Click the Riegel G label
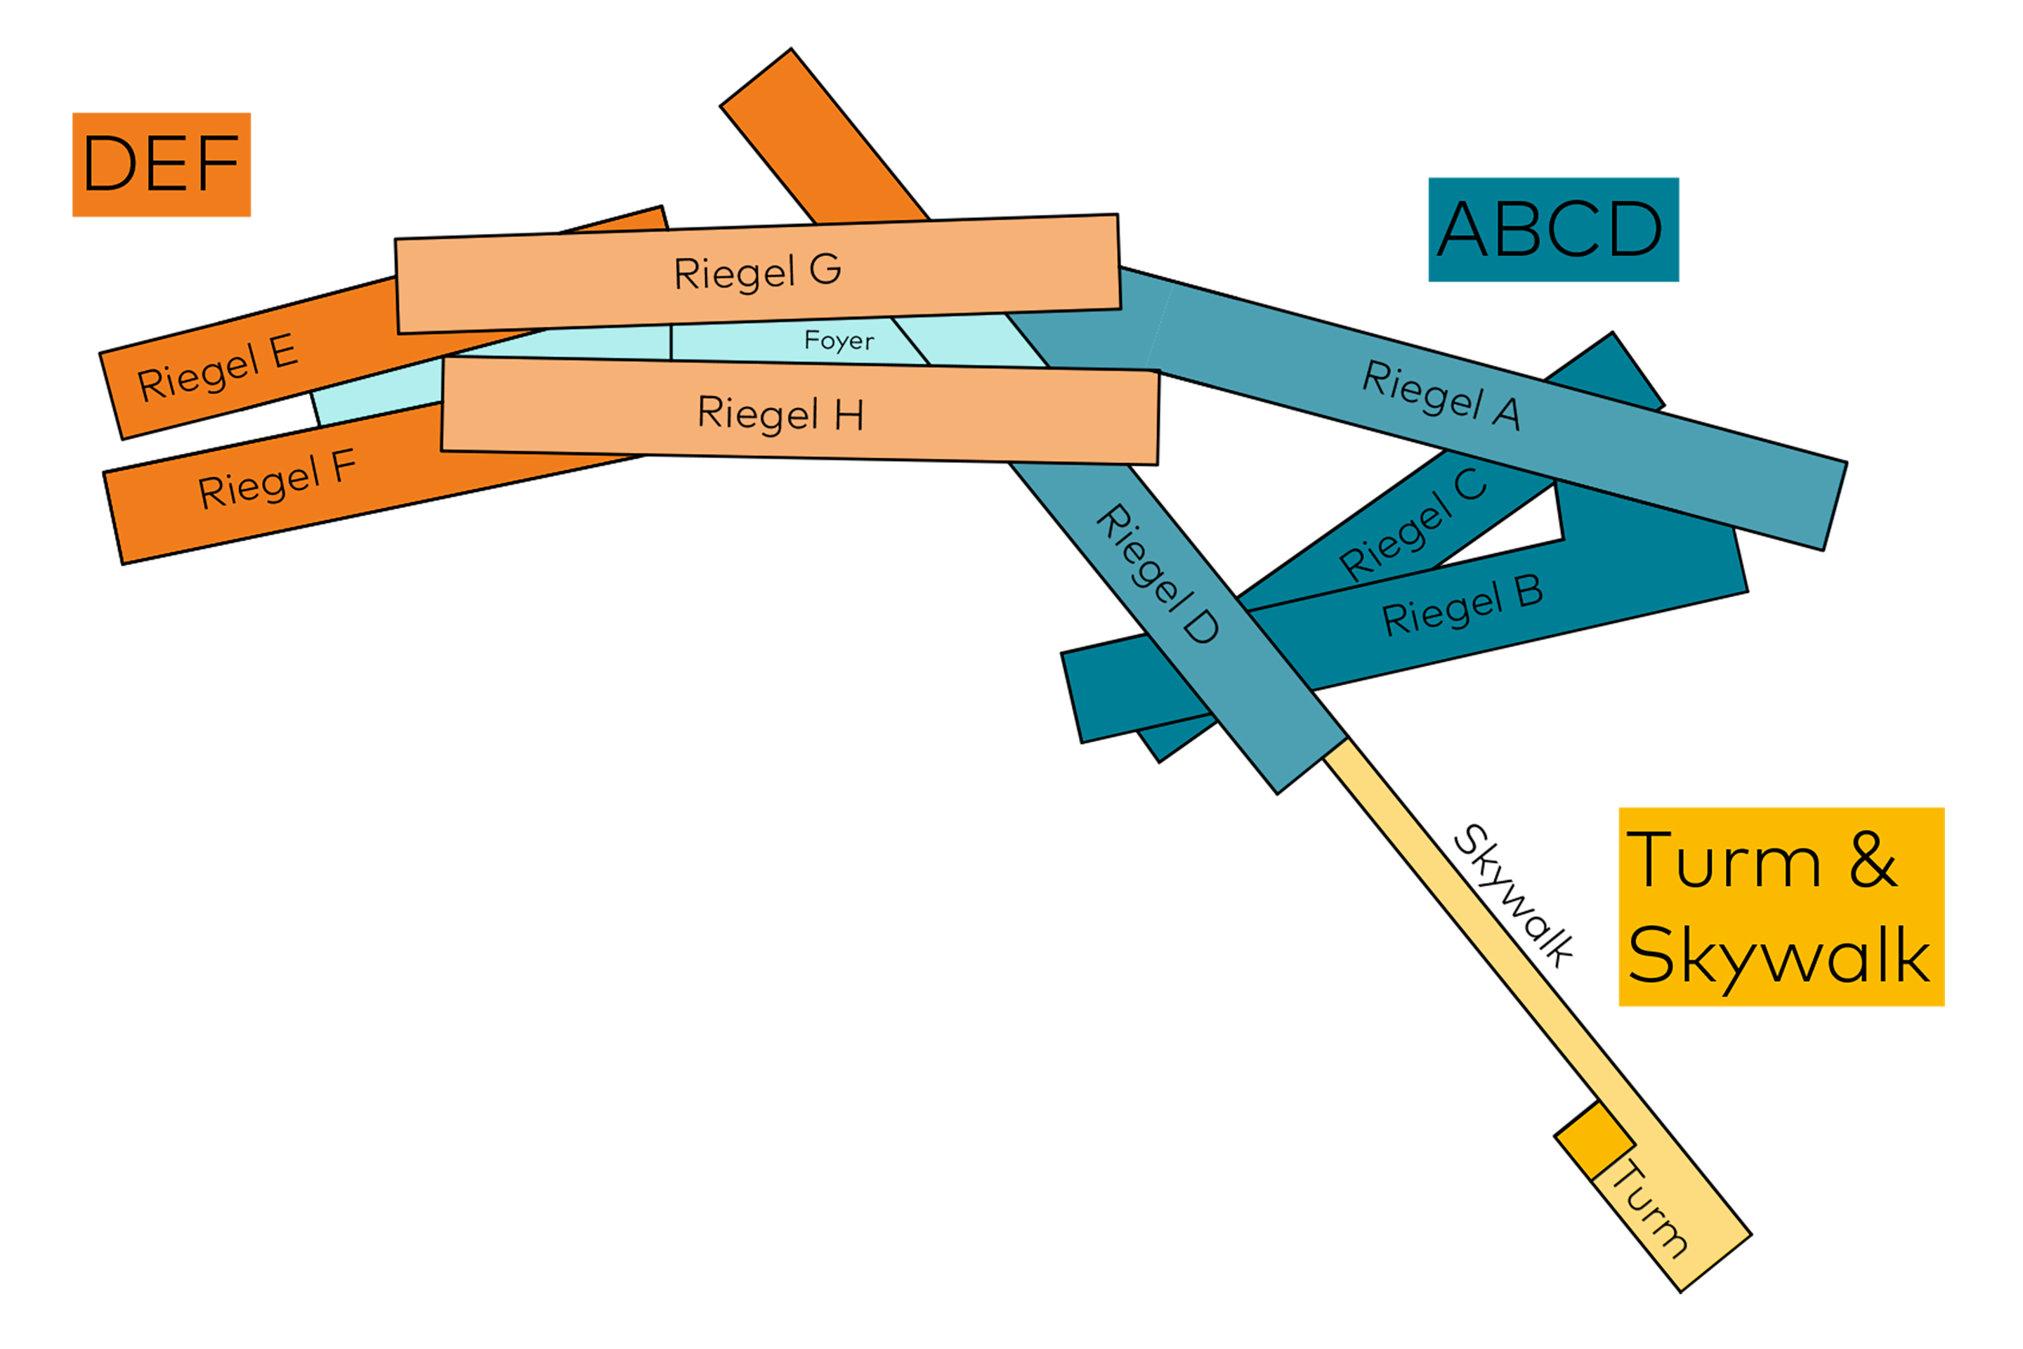[757, 272]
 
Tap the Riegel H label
[780, 414]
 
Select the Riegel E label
[218, 368]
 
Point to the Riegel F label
[277, 480]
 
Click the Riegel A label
[1441, 395]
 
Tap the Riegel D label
[1158, 574]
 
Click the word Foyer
[839, 341]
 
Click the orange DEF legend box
[162, 164]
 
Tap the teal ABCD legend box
[1553, 230]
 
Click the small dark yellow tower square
[1594, 1141]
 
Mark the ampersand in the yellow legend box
[1873, 859]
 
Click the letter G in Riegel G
[825, 268]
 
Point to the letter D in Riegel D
[1202, 626]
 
